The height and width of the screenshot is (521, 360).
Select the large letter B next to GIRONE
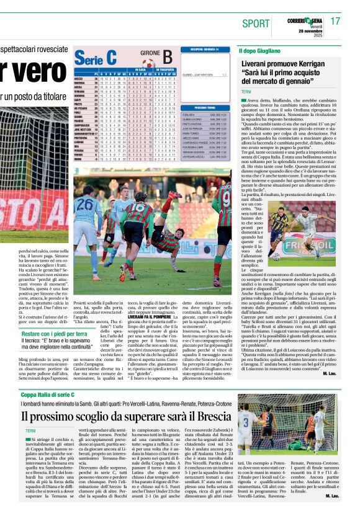pos(168,57)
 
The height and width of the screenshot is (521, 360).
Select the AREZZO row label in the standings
pos(80,79)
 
